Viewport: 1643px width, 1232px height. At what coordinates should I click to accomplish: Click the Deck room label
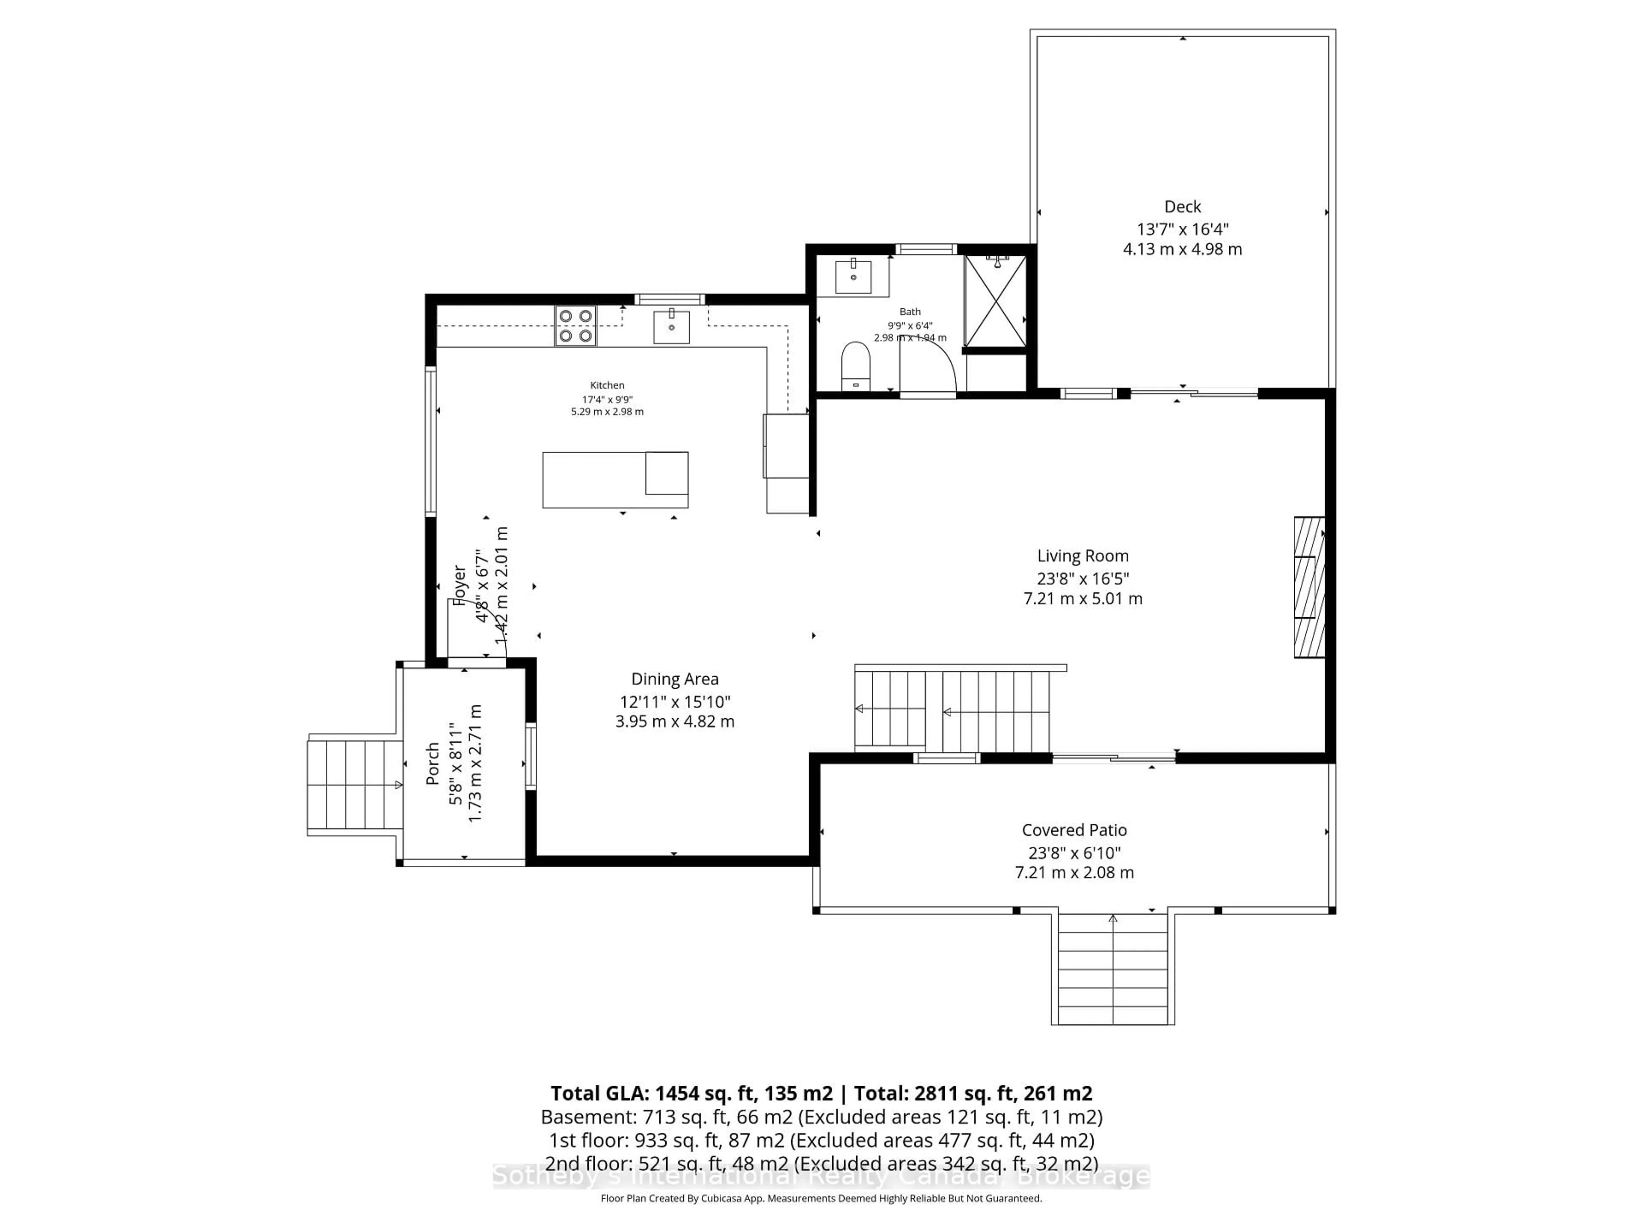(1182, 207)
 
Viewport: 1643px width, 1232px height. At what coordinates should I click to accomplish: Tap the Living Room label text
(1082, 556)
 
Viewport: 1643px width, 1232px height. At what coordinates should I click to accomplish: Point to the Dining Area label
(674, 679)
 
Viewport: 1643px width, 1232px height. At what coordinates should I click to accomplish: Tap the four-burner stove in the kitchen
(575, 326)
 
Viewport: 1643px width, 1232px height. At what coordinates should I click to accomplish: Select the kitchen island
(615, 480)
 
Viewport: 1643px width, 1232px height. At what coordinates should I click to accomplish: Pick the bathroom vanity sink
(854, 278)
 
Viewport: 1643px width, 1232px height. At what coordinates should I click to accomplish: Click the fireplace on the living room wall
(1309, 586)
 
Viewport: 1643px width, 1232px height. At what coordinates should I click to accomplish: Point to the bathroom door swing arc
(928, 364)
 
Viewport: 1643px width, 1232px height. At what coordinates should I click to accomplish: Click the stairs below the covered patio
(1112, 969)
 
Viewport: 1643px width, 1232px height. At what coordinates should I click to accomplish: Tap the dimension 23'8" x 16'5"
(1082, 578)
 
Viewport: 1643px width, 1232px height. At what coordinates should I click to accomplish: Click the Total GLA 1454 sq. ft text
(691, 1093)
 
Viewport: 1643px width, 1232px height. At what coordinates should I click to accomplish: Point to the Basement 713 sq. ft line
(821, 1117)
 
